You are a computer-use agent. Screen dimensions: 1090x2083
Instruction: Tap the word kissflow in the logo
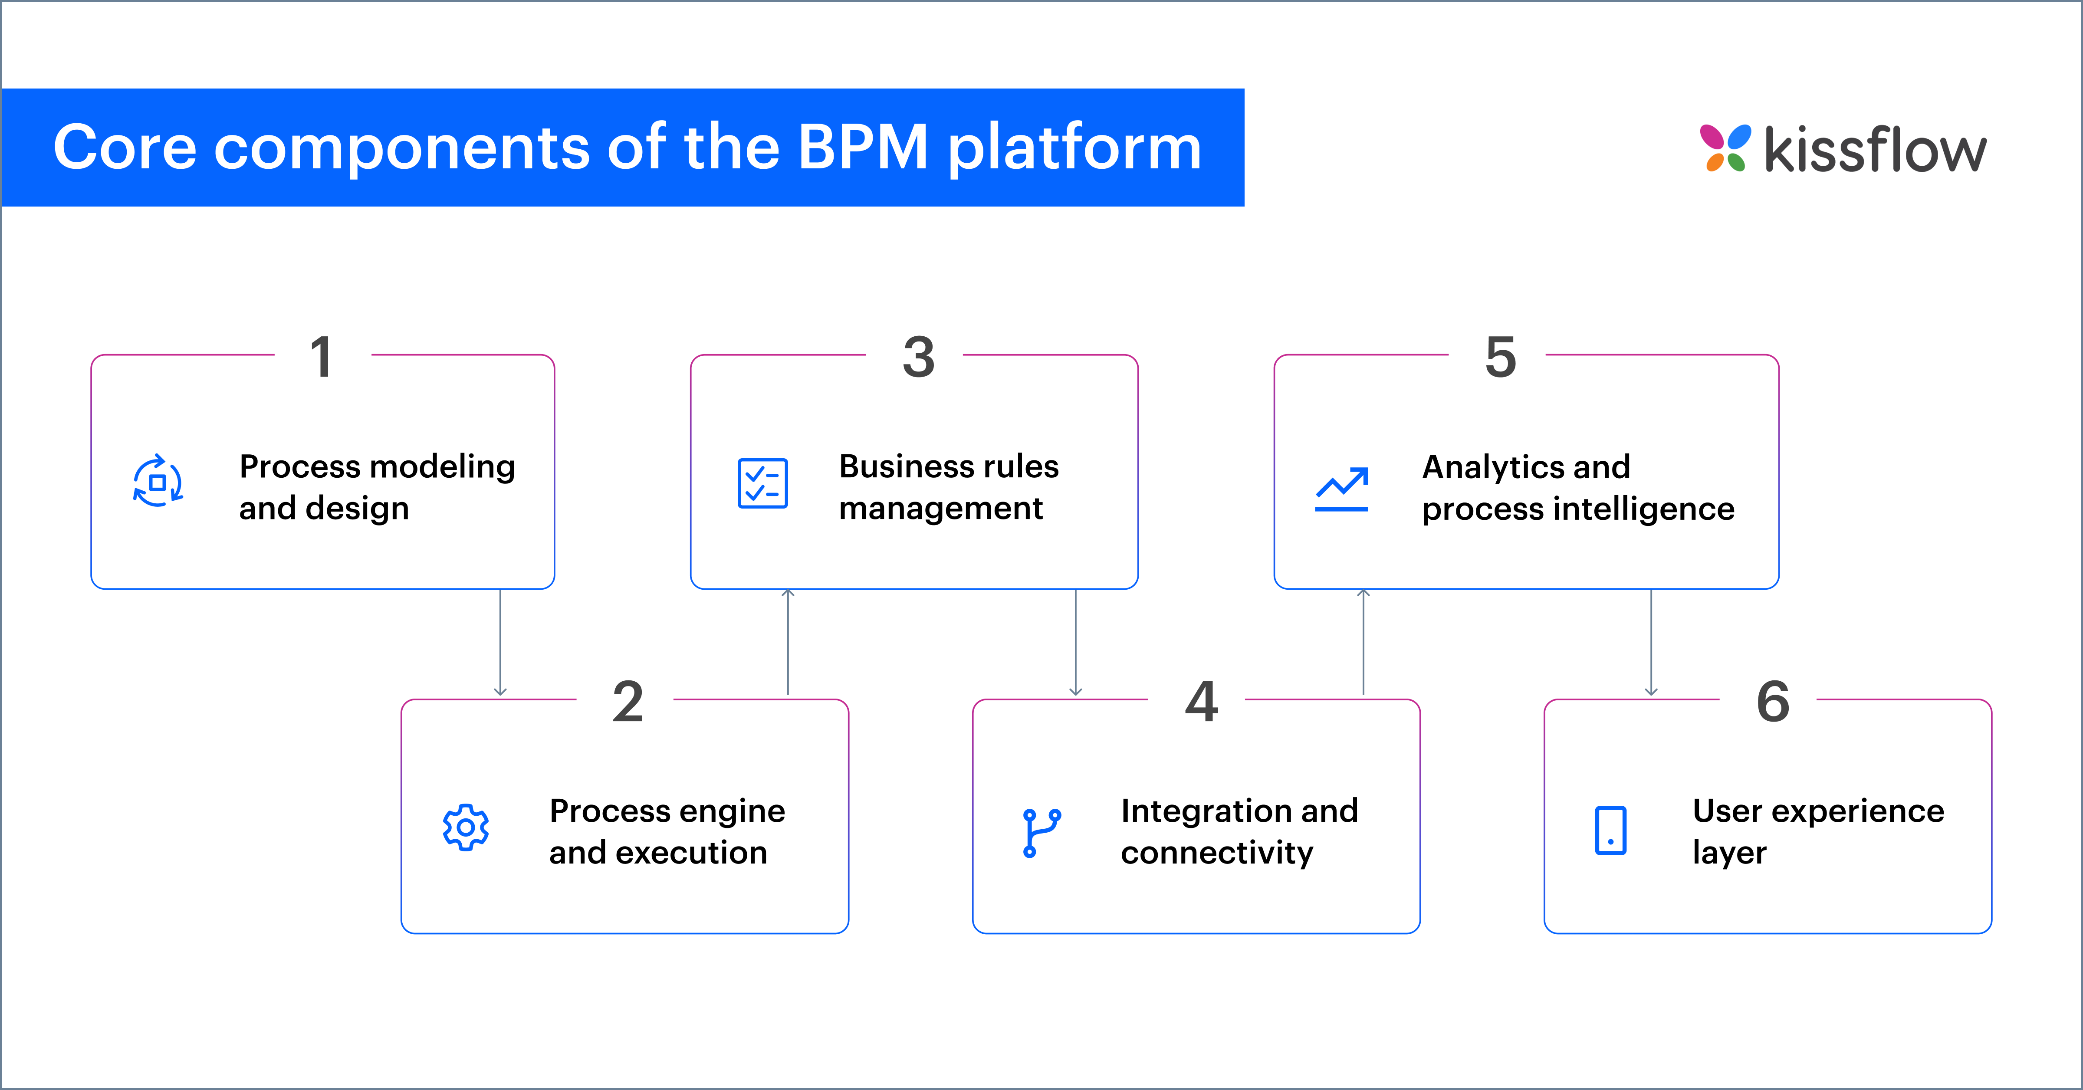point(1874,151)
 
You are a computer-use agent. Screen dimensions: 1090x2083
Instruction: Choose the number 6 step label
point(1772,702)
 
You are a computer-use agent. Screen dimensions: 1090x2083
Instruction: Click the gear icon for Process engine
point(466,827)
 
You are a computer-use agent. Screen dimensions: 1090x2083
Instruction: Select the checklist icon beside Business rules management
point(762,483)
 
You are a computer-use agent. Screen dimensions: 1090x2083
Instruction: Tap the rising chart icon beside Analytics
point(1341,489)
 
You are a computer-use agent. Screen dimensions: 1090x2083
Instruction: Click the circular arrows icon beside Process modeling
point(158,482)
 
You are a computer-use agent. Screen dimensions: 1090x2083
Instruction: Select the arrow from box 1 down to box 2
point(500,643)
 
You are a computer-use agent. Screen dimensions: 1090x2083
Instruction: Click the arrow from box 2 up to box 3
point(788,643)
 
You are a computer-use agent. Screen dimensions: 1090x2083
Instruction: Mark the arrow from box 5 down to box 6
point(1651,643)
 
